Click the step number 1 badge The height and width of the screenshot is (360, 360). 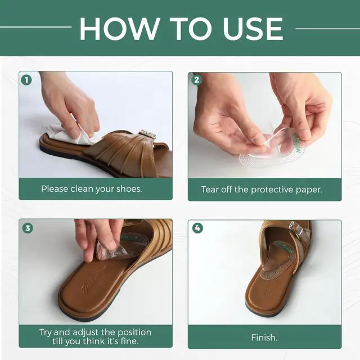(x=26, y=80)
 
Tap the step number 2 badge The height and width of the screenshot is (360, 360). (x=197, y=80)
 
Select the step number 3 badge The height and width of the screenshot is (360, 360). (x=28, y=228)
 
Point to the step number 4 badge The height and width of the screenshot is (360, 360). (x=197, y=228)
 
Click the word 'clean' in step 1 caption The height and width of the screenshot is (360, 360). (x=82, y=189)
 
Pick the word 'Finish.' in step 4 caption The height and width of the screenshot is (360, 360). (x=264, y=337)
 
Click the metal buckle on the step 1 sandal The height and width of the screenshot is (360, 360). (x=147, y=134)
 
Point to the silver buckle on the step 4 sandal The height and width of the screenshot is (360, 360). (x=296, y=228)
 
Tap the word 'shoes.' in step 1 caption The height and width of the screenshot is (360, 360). (x=129, y=189)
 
